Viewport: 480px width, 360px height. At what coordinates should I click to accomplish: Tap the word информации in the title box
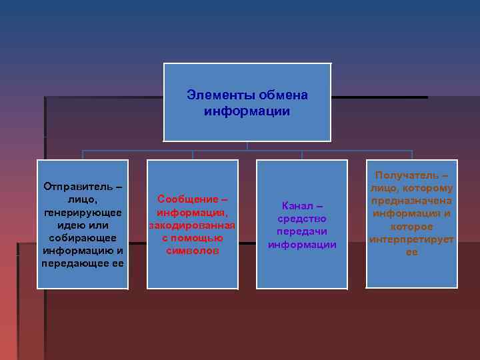(247, 111)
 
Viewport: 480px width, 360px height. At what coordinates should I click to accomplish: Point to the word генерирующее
(83, 213)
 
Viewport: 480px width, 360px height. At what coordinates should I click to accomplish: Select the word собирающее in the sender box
(83, 238)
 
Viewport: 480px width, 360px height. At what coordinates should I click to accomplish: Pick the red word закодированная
(192, 225)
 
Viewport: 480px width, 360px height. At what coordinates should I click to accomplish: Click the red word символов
(192, 251)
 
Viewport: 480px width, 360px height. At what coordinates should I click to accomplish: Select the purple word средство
(302, 219)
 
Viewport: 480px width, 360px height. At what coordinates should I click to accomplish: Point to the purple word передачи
(302, 231)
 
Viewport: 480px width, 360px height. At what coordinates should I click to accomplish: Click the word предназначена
(412, 201)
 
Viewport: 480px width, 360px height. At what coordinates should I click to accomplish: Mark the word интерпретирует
(412, 239)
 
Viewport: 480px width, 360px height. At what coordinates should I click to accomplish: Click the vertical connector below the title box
(247, 145)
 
